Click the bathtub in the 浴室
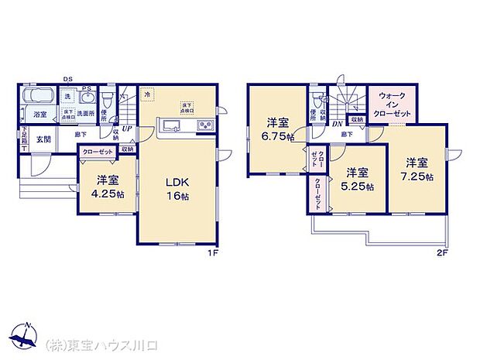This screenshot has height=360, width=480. pyautogui.click(x=37, y=98)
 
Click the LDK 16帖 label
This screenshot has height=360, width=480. pyautogui.click(x=177, y=189)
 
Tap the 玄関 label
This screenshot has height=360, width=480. pyautogui.click(x=43, y=139)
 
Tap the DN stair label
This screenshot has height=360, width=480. pyautogui.click(x=338, y=124)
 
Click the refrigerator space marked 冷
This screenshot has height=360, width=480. pyautogui.click(x=147, y=94)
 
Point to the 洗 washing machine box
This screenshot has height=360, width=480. pyautogui.click(x=67, y=97)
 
